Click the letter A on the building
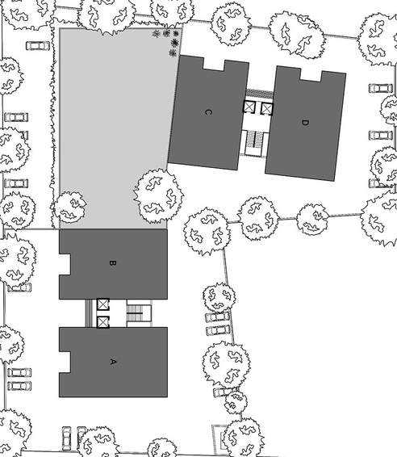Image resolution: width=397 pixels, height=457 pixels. click(x=113, y=362)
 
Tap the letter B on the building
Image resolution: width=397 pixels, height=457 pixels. click(x=112, y=263)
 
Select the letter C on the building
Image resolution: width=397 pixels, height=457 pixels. click(x=207, y=112)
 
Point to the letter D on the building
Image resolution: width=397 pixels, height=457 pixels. click(x=305, y=123)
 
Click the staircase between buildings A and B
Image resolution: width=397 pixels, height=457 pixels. click(x=140, y=313)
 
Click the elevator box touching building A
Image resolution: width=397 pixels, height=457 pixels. click(x=102, y=322)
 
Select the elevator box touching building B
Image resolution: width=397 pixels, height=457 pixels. click(x=102, y=304)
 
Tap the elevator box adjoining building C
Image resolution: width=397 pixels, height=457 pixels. click(x=249, y=107)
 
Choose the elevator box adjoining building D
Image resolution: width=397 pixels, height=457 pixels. click(x=267, y=108)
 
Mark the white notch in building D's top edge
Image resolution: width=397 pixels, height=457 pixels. click(x=311, y=74)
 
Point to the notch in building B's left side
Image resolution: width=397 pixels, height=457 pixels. click(x=65, y=264)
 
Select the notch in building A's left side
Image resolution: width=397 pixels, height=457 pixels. click(x=65, y=362)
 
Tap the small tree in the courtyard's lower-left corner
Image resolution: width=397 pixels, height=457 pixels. click(x=70, y=208)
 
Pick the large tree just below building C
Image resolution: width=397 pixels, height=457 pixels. click(x=158, y=196)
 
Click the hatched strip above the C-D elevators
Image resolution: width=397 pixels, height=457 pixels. click(x=260, y=94)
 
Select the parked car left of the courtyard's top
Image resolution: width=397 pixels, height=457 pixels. click(x=38, y=46)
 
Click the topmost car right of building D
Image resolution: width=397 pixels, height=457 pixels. click(x=381, y=88)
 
